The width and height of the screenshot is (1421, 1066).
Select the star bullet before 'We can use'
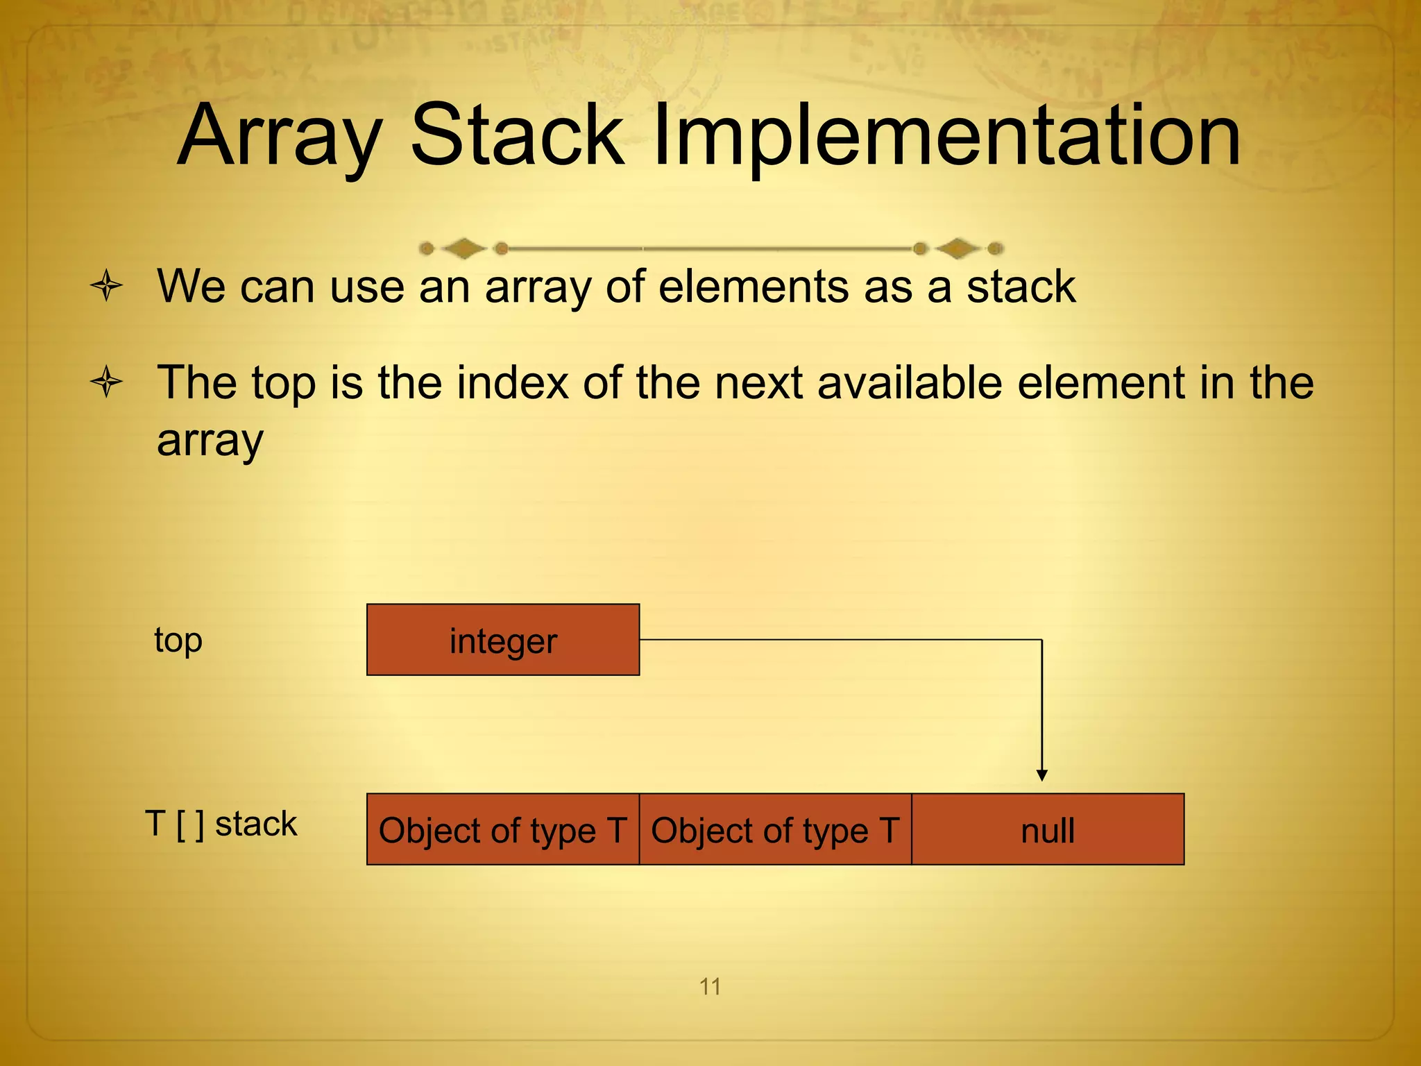(107, 286)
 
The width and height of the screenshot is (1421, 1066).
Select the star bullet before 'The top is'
(107, 382)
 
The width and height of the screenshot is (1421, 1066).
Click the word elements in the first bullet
(753, 287)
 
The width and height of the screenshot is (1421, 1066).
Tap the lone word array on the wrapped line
(210, 440)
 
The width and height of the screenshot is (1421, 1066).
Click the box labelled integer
(503, 640)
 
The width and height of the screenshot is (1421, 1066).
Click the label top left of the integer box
(178, 640)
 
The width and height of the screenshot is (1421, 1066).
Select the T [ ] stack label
(221, 824)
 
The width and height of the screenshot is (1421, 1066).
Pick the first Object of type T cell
(503, 829)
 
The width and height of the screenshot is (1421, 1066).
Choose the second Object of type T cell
(775, 829)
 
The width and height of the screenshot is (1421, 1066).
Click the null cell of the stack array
(1048, 829)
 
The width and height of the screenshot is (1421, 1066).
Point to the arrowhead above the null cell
(1041, 775)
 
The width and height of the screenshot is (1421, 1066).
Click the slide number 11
(710, 986)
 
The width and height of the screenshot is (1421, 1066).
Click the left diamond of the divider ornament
(463, 248)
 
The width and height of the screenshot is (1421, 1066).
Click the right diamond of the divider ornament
(958, 248)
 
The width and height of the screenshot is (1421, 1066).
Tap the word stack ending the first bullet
(1021, 287)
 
